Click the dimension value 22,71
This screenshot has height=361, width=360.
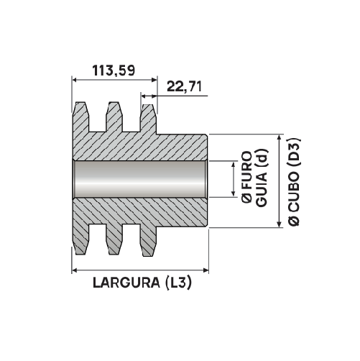pyautogui.click(x=183, y=87)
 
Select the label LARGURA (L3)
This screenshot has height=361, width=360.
pyautogui.click(x=142, y=283)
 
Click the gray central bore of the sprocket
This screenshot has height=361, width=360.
pyautogui.click(x=140, y=180)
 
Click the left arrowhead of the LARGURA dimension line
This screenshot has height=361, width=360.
pyautogui.click(x=75, y=270)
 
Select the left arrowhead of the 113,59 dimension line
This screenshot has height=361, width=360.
pyautogui.click(x=75, y=79)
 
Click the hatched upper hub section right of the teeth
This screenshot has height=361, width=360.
pyautogui.click(x=183, y=147)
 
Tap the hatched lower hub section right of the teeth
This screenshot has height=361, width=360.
pyautogui.click(x=183, y=213)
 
